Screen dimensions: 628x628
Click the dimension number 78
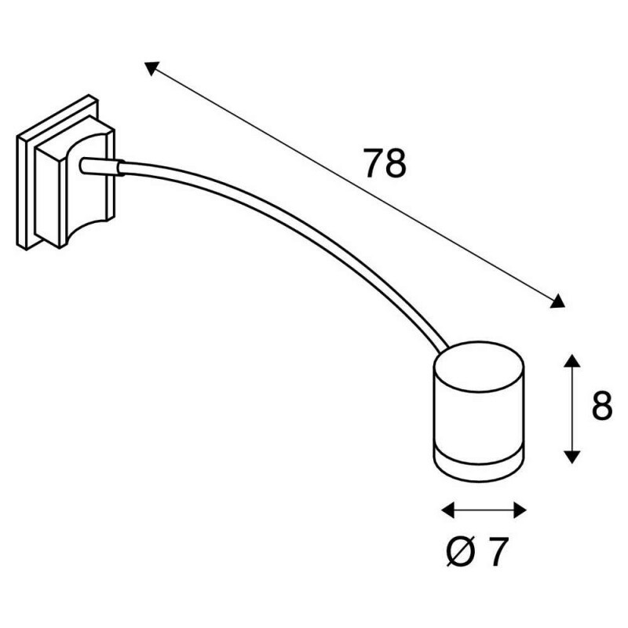385,164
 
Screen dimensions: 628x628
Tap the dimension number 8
601,407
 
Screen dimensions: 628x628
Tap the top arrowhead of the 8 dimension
572,360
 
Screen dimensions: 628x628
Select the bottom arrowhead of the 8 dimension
572,456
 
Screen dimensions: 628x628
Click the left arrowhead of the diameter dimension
448,511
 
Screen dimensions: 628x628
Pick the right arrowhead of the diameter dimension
520,511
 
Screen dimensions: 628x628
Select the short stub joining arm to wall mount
100,166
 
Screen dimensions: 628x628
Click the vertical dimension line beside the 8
572,408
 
